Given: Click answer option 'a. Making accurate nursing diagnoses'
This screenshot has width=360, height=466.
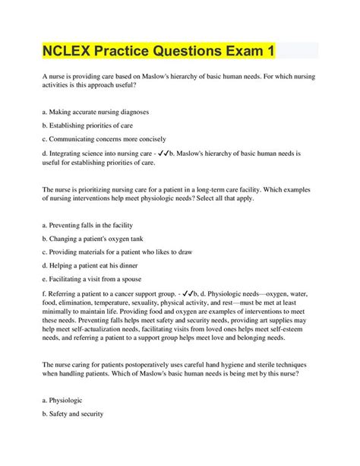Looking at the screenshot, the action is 96,112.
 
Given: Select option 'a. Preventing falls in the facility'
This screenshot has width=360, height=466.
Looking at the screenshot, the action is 89,224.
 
